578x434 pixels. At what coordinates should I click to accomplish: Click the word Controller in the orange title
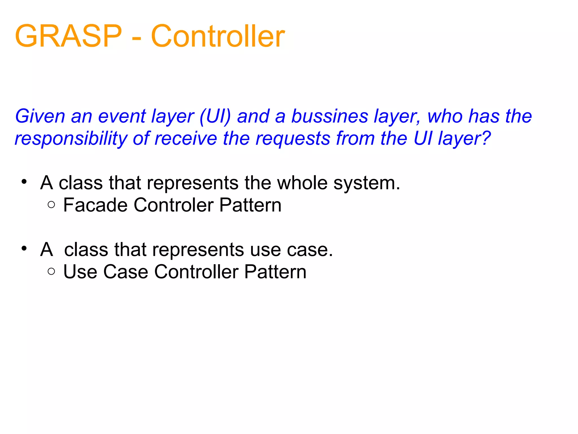(x=218, y=36)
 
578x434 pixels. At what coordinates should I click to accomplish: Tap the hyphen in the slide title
(x=137, y=38)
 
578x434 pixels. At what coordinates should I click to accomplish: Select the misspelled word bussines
(x=329, y=116)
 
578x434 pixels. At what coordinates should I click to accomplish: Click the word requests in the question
(x=293, y=139)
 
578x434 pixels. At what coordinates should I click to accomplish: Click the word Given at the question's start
(x=40, y=116)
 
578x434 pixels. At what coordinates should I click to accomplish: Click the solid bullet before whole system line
(x=24, y=182)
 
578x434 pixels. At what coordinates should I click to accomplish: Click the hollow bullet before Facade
(x=51, y=205)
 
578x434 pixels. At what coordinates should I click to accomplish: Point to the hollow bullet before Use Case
(x=51, y=271)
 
